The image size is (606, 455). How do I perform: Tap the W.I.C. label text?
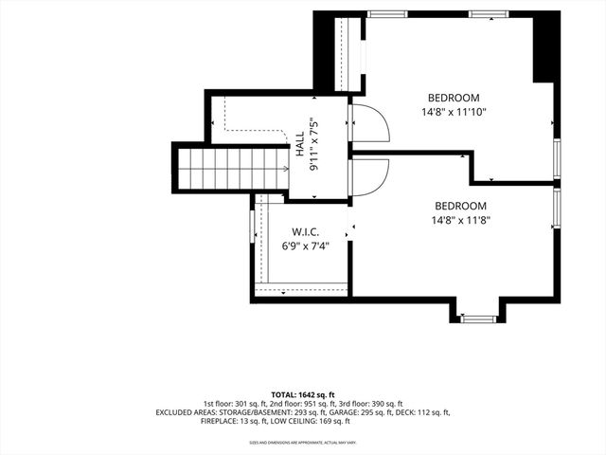304,230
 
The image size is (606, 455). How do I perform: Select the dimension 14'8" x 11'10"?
454,112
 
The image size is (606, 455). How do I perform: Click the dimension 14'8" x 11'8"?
460,220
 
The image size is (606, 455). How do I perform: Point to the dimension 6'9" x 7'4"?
304,246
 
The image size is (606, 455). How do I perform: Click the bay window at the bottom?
478,318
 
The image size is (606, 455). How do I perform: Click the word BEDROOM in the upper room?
454,98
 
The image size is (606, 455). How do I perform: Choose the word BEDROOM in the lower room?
460,206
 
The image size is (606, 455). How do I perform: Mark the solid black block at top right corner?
545,47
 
